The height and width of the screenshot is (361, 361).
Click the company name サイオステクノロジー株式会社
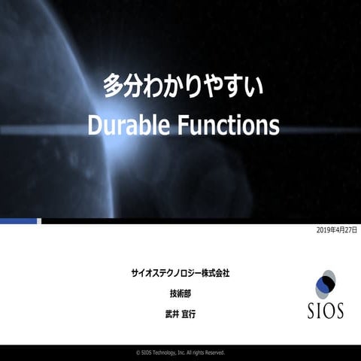180,272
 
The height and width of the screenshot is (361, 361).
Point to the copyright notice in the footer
180,352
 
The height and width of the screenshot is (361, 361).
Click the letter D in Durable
95,126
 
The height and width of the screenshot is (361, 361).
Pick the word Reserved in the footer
214,352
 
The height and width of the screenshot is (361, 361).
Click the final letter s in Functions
274,126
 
